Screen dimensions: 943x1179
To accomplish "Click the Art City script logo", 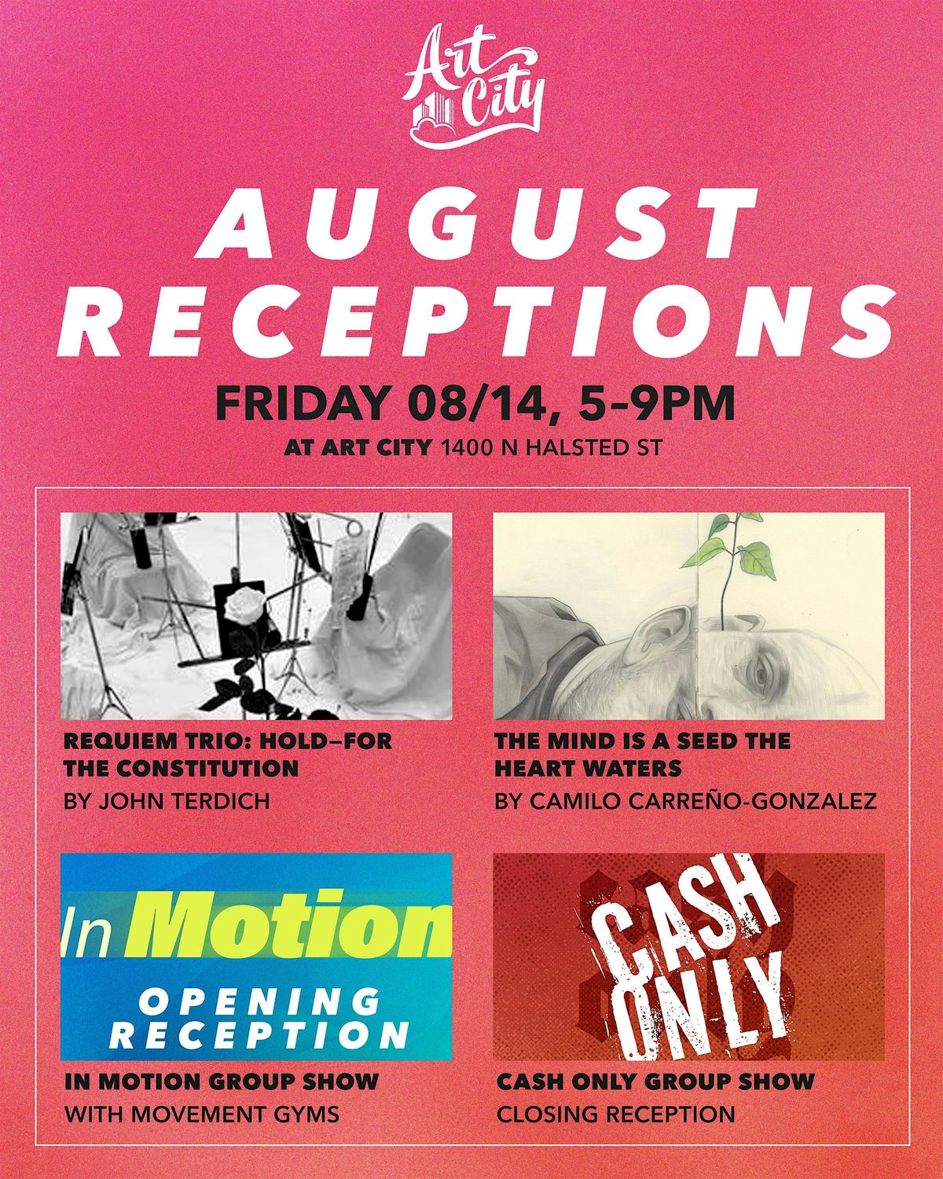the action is [473, 89].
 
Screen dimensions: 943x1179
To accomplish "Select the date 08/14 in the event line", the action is [479, 405].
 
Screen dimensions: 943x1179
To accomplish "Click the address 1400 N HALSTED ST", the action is [552, 448].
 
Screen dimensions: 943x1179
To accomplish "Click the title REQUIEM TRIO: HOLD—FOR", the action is [228, 741].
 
